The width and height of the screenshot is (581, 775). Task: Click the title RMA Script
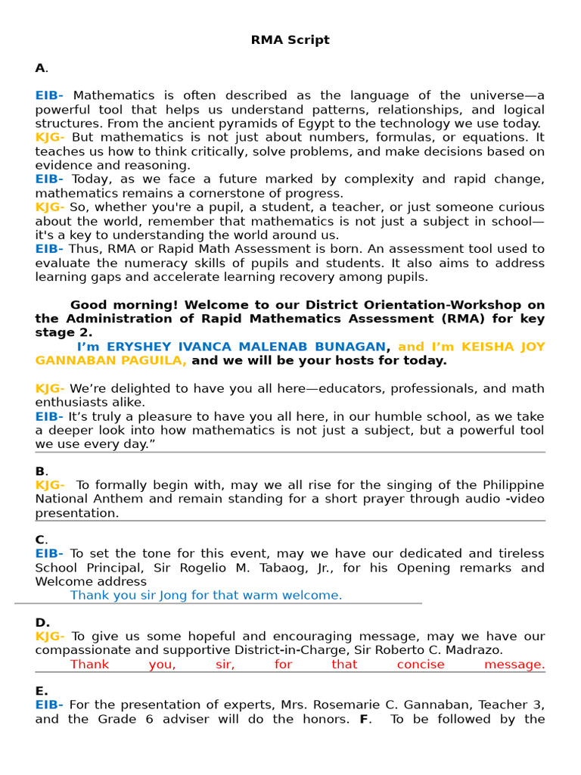pos(290,40)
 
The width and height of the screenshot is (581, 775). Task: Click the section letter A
pos(40,68)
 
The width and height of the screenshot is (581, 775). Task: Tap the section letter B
pos(40,471)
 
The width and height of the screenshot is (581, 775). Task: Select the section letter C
pos(40,540)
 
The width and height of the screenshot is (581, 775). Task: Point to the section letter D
pos(42,622)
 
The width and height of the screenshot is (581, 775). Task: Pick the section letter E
pos(41,691)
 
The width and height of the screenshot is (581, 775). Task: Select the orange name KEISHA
pos(488,347)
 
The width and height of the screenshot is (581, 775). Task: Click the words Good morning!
pos(115,305)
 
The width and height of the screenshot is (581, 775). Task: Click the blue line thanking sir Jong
pos(206,596)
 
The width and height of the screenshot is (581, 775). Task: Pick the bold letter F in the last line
pos(364,719)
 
